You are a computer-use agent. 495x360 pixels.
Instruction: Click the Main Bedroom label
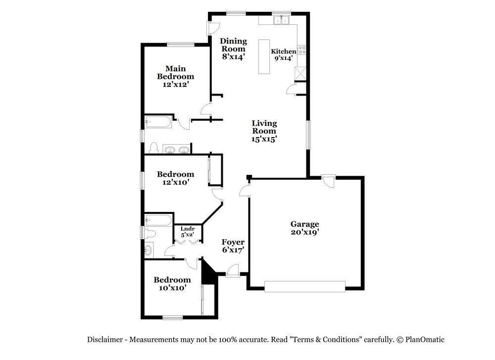point(175,72)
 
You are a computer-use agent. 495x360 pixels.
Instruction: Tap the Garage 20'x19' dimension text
point(304,232)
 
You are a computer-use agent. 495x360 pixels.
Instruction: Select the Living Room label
point(264,127)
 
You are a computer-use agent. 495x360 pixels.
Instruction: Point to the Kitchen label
point(284,51)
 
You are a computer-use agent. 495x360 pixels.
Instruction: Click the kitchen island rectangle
point(264,56)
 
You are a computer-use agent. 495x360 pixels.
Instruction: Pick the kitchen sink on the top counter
point(282,20)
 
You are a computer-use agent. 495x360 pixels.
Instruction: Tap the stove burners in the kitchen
point(302,50)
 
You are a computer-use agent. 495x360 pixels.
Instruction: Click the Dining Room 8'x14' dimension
point(233,57)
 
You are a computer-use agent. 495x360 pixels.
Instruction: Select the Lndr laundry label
point(188,229)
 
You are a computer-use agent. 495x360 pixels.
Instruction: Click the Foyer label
point(233,242)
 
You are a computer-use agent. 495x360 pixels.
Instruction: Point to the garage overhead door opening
point(304,286)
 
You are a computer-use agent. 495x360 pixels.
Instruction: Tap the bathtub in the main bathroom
point(158,122)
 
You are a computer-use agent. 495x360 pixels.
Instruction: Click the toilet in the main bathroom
point(153,148)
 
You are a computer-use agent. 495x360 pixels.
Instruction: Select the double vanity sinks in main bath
point(176,149)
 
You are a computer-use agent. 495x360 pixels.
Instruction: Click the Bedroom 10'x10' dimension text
point(172,288)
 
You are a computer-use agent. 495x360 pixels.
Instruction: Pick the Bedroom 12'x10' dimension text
point(175,182)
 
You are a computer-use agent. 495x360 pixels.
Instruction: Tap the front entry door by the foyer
point(233,271)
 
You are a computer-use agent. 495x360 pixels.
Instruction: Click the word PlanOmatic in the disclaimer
point(425,340)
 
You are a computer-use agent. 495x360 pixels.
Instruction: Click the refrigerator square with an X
point(300,74)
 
